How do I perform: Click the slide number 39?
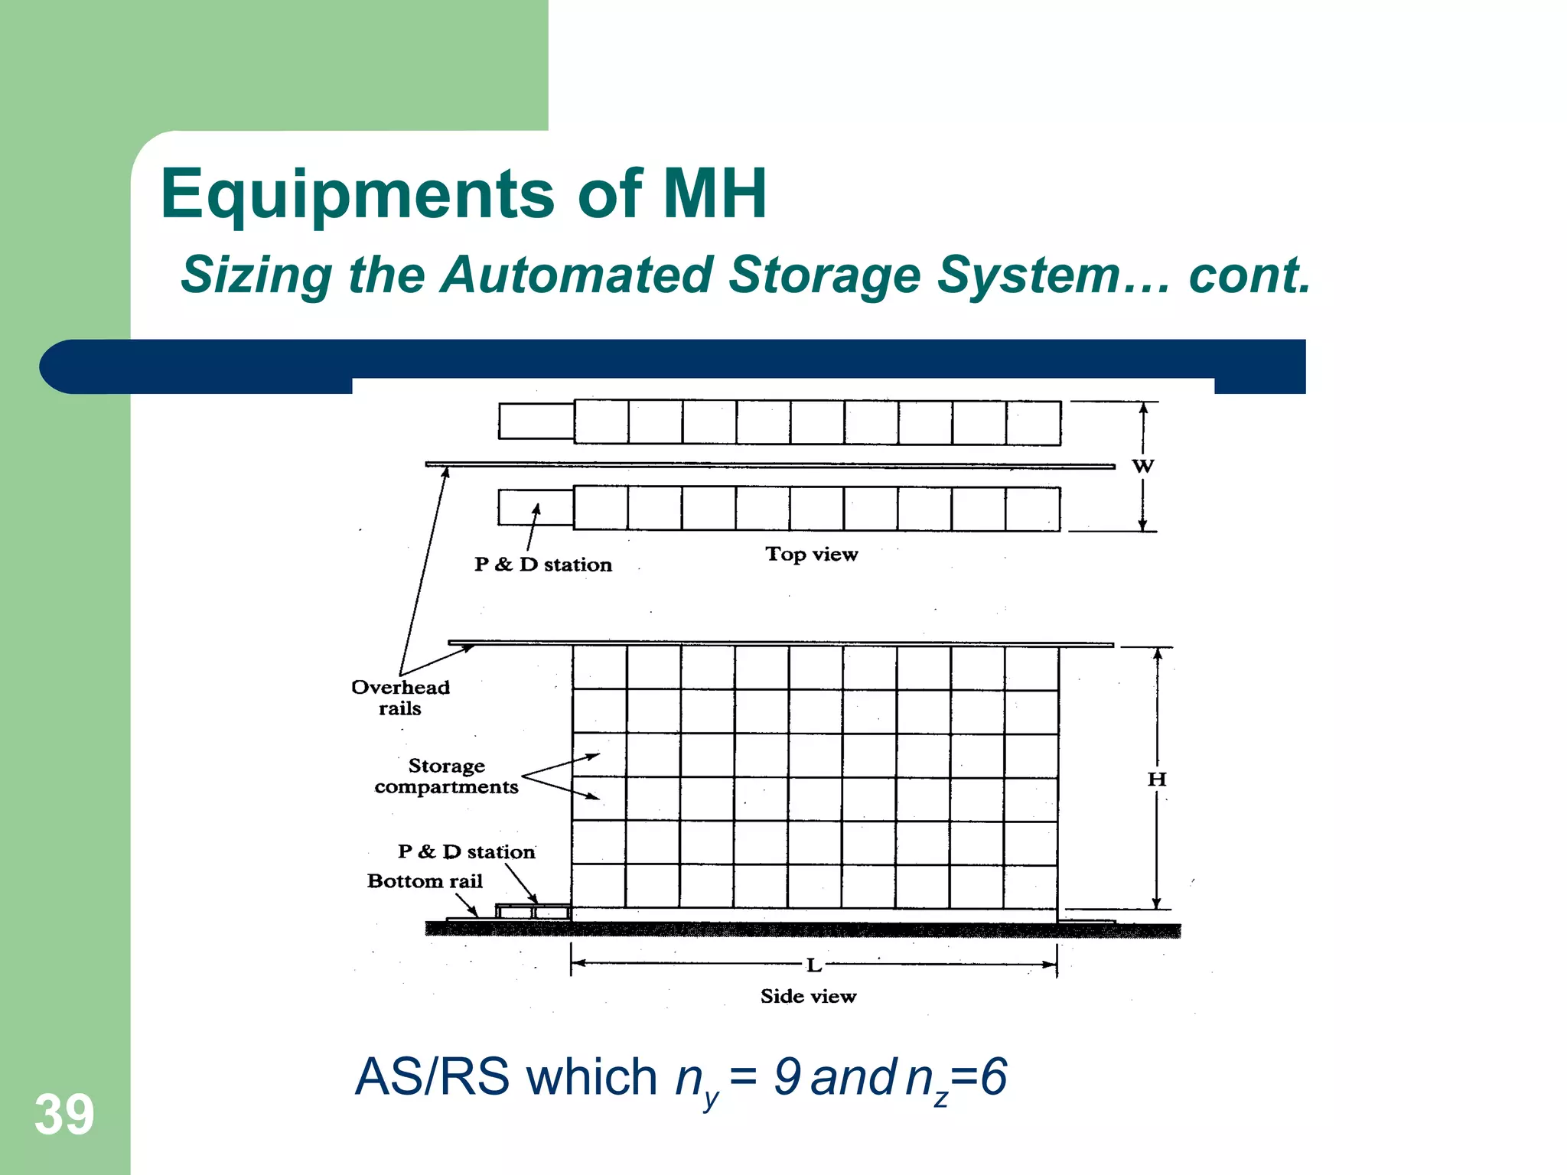64,1115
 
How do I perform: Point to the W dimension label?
1142,466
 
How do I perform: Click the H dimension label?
1156,780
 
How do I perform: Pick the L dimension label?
813,965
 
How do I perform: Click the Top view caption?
811,554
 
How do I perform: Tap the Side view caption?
808,996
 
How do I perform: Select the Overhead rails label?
400,697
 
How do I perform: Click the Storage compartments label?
446,776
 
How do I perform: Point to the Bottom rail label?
425,881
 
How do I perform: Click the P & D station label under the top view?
542,565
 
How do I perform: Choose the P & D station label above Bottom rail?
466,851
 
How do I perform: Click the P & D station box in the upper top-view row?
536,421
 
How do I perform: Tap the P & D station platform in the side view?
533,912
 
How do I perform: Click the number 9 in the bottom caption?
787,1076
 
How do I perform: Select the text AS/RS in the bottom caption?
432,1077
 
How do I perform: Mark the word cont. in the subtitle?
1249,275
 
